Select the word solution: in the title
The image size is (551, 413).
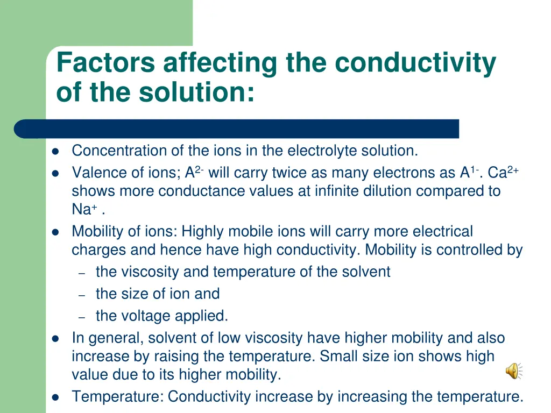click(196, 92)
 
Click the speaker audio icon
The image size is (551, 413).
click(513, 371)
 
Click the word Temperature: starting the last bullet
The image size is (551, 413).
click(118, 397)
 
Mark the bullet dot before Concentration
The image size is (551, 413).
click(55, 151)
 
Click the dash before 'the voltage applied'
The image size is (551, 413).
click(82, 318)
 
